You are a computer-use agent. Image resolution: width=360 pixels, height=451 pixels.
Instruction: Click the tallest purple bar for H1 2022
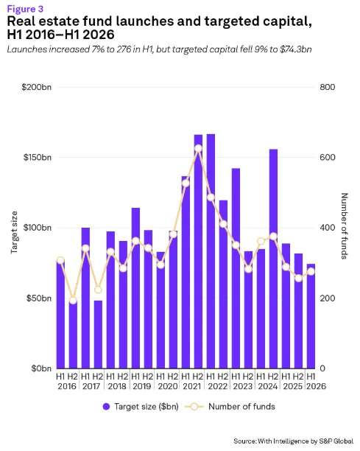point(211,251)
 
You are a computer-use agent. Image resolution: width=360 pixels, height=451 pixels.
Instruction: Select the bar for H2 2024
point(273,259)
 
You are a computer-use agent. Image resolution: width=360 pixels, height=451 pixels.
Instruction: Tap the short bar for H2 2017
point(98,335)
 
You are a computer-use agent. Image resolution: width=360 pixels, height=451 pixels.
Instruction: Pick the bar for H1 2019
point(135,288)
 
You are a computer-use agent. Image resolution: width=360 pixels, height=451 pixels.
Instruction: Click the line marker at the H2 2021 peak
point(198,149)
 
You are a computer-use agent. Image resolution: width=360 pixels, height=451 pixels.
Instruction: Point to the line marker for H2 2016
point(73,301)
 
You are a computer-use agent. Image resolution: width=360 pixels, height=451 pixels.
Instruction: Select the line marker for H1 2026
point(311,272)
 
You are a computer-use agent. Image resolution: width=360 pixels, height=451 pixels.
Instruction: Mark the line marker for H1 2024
point(261,241)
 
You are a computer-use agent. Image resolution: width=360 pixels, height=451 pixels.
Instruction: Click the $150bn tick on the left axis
point(38,157)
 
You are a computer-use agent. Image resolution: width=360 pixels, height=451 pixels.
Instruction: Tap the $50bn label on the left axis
point(39,298)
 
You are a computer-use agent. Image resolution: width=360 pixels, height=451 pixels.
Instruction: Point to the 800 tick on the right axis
point(328,87)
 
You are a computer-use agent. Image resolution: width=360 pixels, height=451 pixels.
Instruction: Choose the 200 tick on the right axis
point(328,298)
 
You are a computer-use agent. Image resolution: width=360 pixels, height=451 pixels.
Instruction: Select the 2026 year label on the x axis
point(316,386)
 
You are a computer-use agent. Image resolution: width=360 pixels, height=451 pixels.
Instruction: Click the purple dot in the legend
point(106,407)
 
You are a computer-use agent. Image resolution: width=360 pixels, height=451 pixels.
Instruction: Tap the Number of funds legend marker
point(194,407)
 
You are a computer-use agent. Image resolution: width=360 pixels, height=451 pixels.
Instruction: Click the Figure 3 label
point(25,9)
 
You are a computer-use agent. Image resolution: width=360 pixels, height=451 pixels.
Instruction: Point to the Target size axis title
point(14,232)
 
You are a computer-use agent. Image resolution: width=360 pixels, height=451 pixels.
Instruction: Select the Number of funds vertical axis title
point(345,226)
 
